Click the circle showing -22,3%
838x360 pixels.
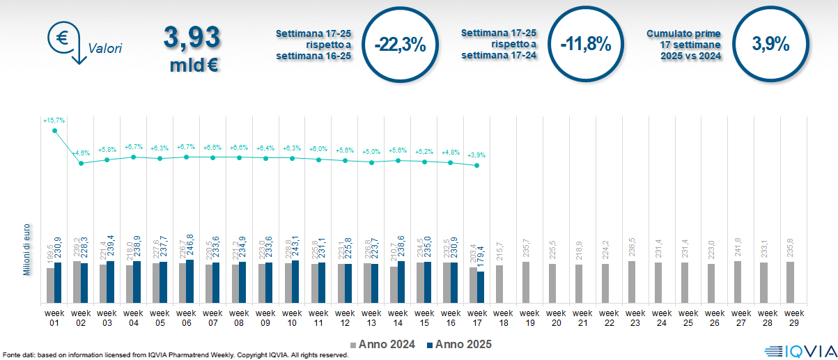[399, 44]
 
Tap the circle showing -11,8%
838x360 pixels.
[586, 44]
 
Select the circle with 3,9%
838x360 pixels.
[770, 44]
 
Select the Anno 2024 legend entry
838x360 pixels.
[384, 344]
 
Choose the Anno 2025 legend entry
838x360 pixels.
[459, 344]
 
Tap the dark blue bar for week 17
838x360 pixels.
[480, 287]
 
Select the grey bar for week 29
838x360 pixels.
[790, 283]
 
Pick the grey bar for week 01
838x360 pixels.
[50, 285]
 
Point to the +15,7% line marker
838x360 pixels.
[54, 130]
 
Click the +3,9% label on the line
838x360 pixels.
[476, 155]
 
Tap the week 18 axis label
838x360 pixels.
[503, 317]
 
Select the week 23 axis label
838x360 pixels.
[635, 317]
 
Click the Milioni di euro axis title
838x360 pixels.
[26, 250]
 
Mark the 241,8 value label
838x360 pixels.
[738, 249]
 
